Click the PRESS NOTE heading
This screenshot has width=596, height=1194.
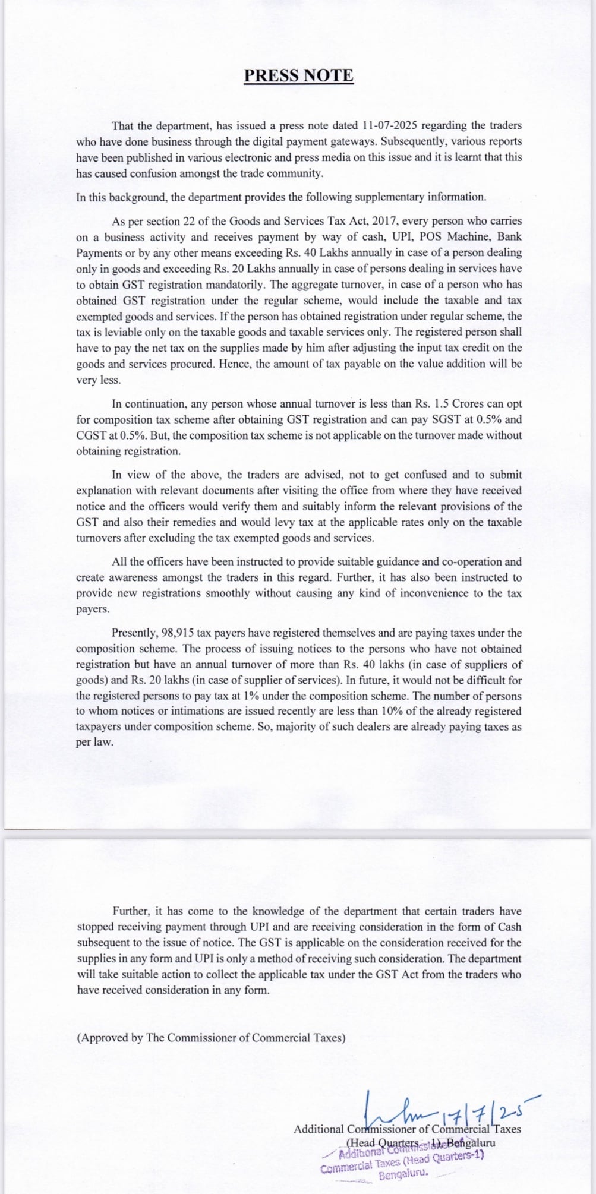pyautogui.click(x=298, y=75)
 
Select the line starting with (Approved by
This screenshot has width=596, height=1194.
pyautogui.click(x=211, y=1038)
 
